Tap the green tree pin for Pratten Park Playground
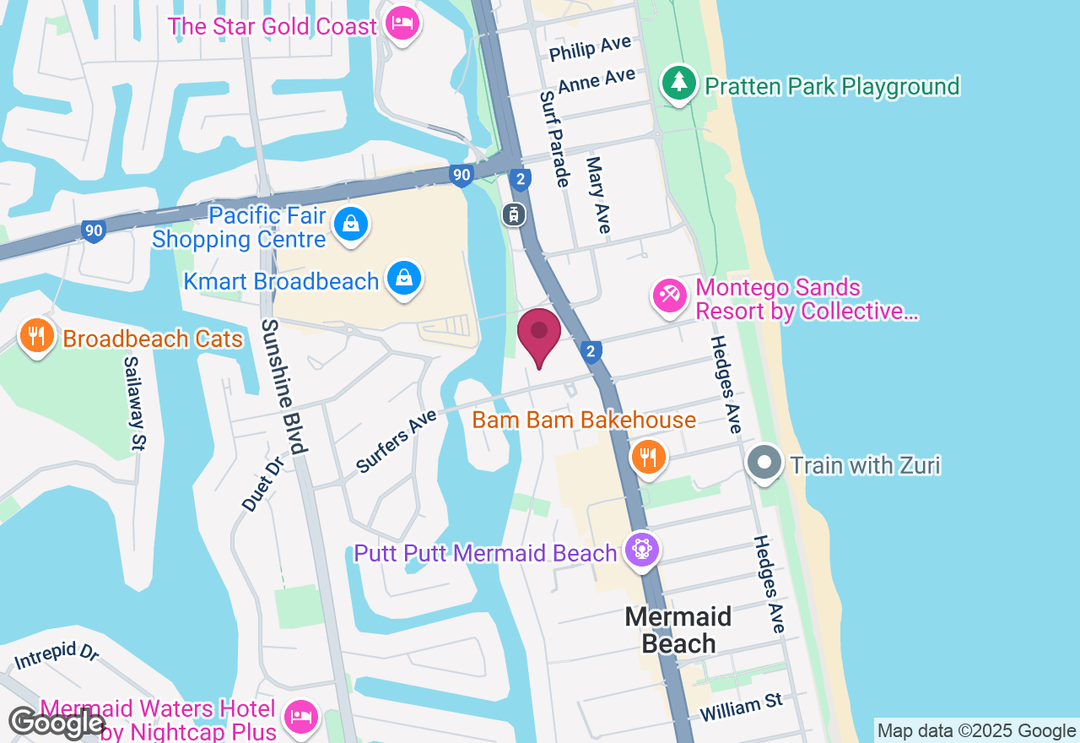tap(678, 83)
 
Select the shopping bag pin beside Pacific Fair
tap(350, 225)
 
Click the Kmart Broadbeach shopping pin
tap(405, 278)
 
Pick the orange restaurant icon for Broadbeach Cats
tap(35, 336)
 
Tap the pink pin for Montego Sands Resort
tap(670, 296)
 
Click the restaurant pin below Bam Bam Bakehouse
tap(648, 458)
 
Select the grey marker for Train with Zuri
tap(764, 464)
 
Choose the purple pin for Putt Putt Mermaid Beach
tap(641, 550)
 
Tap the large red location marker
tap(538, 336)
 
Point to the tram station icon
tap(513, 214)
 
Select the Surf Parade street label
tap(556, 139)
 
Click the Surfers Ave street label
tap(396, 441)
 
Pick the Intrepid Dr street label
tap(56, 656)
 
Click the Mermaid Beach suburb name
tap(678, 630)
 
